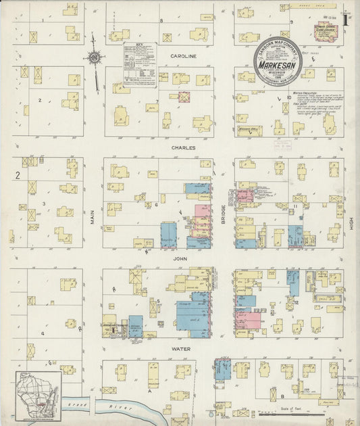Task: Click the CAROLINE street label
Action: click(182, 57)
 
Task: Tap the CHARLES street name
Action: click(182, 147)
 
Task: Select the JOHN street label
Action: click(179, 258)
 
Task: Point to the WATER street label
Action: click(180, 349)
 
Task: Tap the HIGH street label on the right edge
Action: click(351, 224)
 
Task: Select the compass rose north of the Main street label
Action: click(95, 59)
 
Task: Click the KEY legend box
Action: click(140, 64)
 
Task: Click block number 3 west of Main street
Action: click(44, 203)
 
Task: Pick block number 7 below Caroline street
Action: click(157, 101)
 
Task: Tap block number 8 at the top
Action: click(161, 21)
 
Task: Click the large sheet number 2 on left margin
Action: click(18, 176)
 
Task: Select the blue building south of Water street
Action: click(222, 369)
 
